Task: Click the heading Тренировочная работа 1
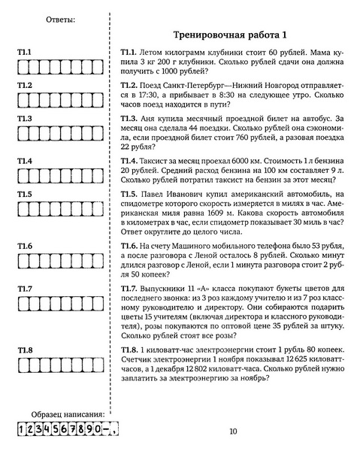tap(230, 35)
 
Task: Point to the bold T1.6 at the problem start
tap(129, 245)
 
